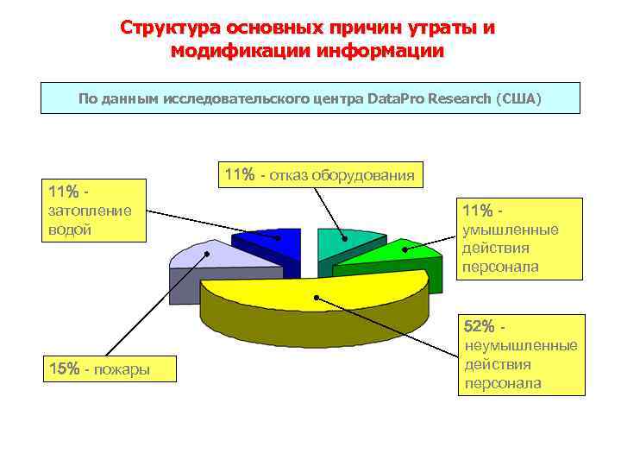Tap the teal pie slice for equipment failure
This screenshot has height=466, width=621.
click(345, 243)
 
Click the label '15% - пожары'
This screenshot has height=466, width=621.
click(98, 369)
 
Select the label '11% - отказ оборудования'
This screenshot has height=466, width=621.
click(320, 175)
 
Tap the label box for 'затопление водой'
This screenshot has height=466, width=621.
click(93, 211)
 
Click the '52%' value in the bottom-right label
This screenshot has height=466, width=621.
click(479, 326)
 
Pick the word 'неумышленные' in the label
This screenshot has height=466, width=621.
click(520, 345)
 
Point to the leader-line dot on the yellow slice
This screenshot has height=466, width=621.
click(317, 298)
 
